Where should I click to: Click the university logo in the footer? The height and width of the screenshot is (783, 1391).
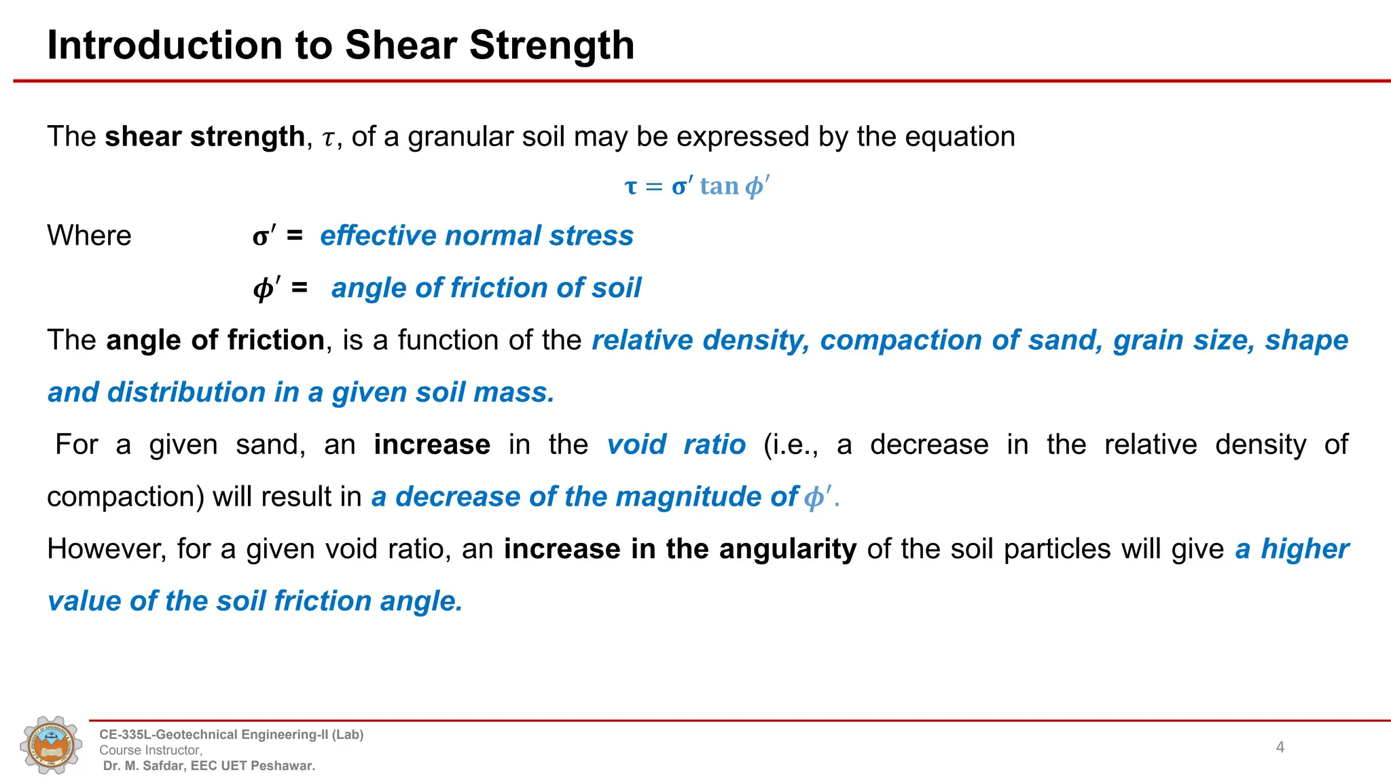click(x=51, y=745)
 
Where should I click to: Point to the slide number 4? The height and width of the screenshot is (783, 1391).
click(x=1280, y=747)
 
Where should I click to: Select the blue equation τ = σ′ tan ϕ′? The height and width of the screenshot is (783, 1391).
click(x=697, y=186)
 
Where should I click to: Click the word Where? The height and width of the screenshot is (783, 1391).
click(x=89, y=236)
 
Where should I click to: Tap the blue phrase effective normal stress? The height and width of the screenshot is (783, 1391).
click(x=476, y=236)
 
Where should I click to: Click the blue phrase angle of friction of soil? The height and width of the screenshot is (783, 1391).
click(x=486, y=288)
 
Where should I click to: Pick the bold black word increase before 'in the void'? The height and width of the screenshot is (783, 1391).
click(x=432, y=445)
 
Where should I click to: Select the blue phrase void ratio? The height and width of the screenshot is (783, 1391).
click(x=676, y=445)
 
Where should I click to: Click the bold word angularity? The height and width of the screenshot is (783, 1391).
click(x=788, y=549)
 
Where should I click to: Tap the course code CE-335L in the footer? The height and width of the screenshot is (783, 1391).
click(x=124, y=735)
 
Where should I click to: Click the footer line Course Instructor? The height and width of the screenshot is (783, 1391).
click(x=150, y=750)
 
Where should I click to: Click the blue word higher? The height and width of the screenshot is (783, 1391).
click(x=1305, y=549)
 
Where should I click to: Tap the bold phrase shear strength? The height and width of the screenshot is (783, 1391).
click(x=204, y=137)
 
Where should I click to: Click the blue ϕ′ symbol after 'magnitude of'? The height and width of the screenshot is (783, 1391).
click(x=817, y=497)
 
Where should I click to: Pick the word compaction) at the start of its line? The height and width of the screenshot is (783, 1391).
click(x=126, y=497)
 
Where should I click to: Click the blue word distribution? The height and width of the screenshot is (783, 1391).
click(x=185, y=393)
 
